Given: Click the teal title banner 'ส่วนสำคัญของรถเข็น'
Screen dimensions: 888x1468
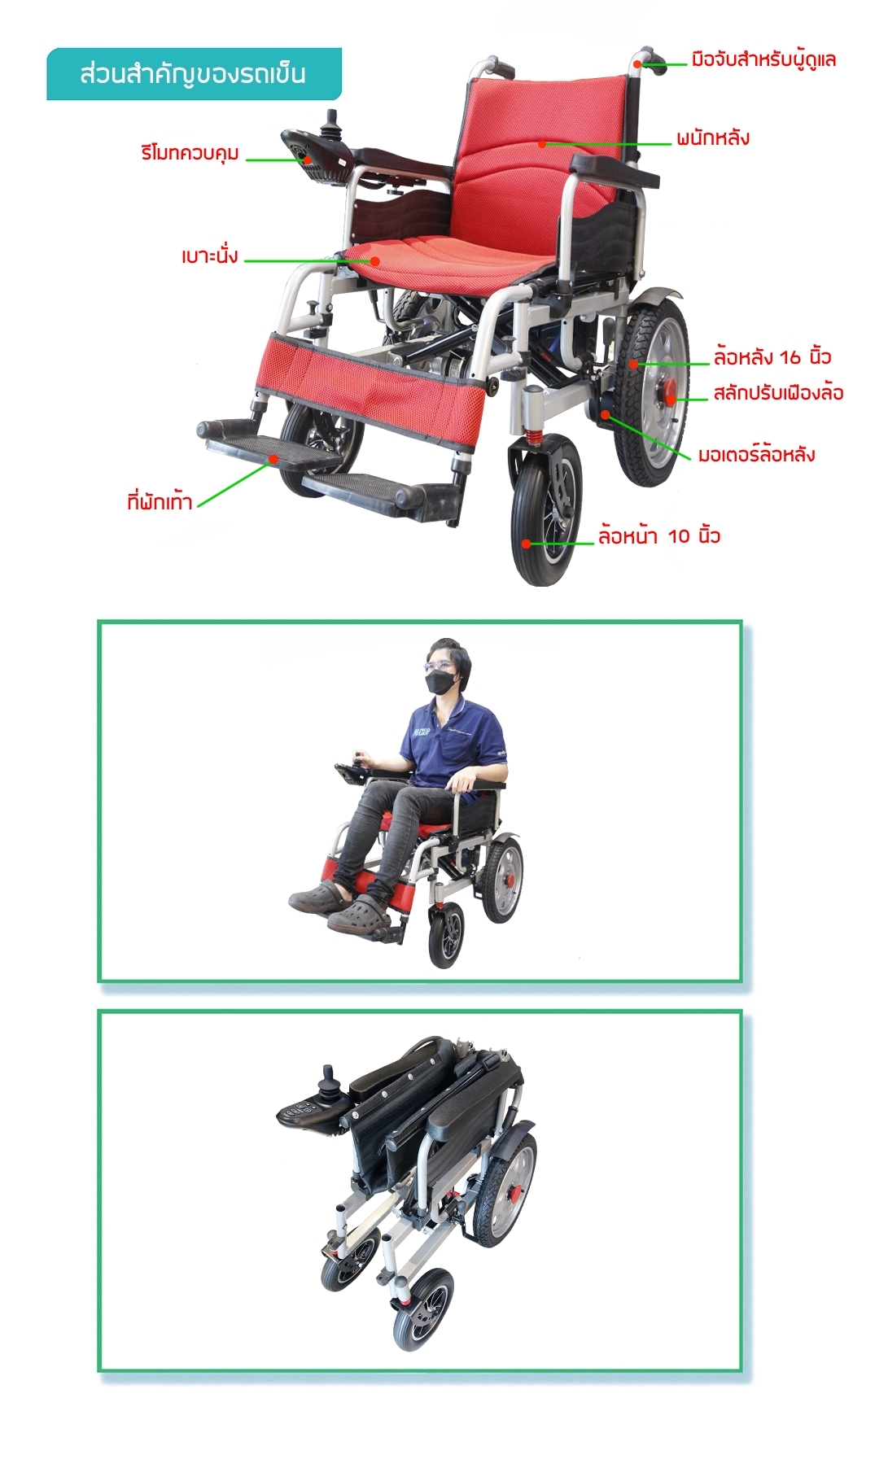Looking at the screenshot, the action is coord(194,74).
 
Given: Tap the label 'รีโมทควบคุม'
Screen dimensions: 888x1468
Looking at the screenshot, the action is coord(190,153).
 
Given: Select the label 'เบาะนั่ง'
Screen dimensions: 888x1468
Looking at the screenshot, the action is coord(209,256).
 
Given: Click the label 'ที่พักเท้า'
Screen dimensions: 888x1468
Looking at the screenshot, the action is coord(160,500).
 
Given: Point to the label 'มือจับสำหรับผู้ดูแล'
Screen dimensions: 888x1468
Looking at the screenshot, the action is coord(763,60).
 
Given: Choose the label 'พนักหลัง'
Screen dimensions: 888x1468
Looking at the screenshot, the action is coord(712,138).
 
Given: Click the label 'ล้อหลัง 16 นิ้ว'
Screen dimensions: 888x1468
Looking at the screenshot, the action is coord(772,356).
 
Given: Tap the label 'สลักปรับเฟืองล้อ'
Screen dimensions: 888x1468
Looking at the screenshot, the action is coord(778,393).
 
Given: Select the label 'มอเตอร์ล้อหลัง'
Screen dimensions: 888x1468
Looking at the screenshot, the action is coord(756,454).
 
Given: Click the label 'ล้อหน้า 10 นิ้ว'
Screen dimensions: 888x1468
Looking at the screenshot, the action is coord(659,535).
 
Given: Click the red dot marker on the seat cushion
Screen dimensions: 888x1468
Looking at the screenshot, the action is coord(375,261).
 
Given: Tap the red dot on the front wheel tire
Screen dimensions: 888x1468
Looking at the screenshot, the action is coord(527,544).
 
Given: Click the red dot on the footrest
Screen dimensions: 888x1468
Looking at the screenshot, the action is coord(274,459).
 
